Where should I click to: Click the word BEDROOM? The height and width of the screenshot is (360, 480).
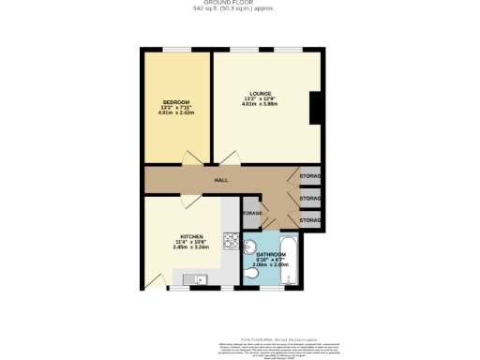[176, 101]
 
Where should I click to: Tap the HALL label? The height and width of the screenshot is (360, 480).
[221, 180]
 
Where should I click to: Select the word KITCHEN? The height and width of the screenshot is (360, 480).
[192, 236]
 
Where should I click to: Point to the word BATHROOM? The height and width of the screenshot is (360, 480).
[271, 254]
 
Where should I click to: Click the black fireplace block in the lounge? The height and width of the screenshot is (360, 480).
[316, 110]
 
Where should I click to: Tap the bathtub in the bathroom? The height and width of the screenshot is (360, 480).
[292, 259]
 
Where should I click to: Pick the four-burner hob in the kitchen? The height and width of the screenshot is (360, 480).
[231, 240]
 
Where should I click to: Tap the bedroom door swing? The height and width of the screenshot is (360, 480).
[195, 156]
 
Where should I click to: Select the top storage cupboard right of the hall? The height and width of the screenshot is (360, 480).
[309, 176]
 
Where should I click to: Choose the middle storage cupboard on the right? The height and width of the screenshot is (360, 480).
[309, 199]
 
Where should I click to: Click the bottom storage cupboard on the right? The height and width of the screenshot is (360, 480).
[309, 220]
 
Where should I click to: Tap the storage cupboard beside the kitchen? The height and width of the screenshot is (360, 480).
[251, 214]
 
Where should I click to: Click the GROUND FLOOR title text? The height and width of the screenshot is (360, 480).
[239, 4]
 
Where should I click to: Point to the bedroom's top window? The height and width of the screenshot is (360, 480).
[177, 50]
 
